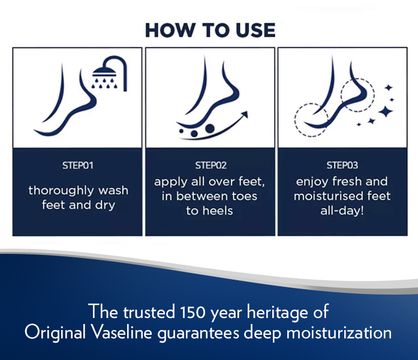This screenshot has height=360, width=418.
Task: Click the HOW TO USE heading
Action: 210,30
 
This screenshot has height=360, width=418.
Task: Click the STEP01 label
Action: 78,166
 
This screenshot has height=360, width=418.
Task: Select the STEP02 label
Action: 210,166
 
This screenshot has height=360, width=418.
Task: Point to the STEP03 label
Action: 342,166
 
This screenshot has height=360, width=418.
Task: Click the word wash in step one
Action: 113,190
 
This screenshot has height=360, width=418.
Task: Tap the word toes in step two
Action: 244,196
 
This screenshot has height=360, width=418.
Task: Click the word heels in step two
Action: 218,211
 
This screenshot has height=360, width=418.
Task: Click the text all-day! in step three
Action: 342,211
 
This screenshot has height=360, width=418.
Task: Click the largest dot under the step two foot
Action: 210,128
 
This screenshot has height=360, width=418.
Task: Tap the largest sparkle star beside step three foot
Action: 386,111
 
